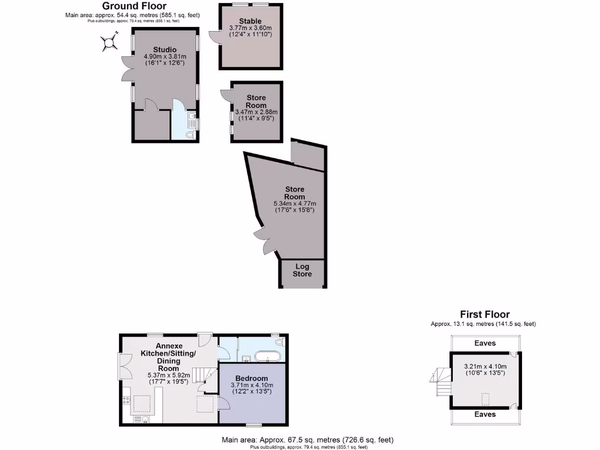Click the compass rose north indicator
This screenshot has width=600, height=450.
click(108, 42)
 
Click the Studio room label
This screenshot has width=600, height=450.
click(165, 49)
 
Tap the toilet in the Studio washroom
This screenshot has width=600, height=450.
click(189, 134)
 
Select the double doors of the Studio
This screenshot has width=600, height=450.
click(126, 69)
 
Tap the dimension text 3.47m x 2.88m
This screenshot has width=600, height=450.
click(256, 112)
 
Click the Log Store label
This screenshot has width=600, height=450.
click(302, 270)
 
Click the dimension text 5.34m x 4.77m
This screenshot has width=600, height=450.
click(295, 203)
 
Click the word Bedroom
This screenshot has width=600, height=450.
click(251, 378)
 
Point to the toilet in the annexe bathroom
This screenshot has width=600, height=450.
click(279, 340)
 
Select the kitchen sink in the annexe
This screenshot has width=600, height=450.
click(138, 419)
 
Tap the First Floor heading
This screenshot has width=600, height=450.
click(485, 315)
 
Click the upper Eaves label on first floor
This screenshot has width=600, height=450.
click(485, 343)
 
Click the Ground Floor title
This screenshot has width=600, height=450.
click(134, 6)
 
